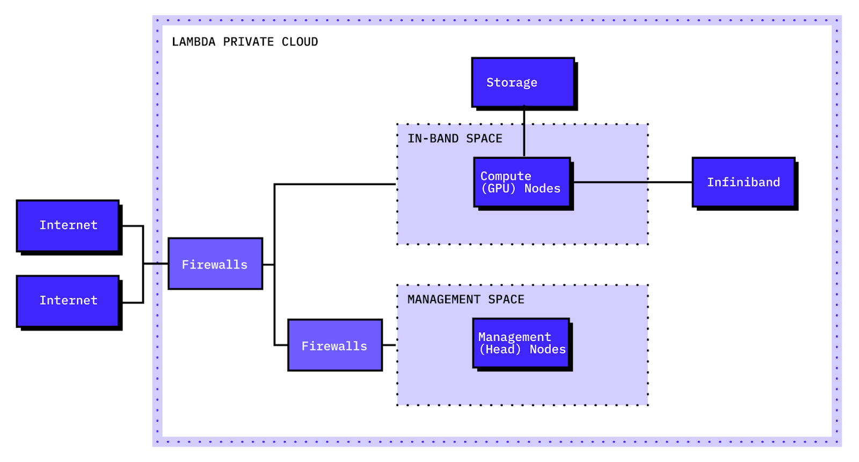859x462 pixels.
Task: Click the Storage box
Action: pyautogui.click(x=523, y=82)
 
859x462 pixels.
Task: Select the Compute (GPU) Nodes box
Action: pyautogui.click(x=522, y=182)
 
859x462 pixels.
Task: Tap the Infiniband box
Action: pyautogui.click(x=744, y=182)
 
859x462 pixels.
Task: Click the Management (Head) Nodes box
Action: pyautogui.click(x=521, y=343)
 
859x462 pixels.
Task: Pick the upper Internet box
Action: pyautogui.click(x=68, y=225)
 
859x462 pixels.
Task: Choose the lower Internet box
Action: pyautogui.click(x=68, y=300)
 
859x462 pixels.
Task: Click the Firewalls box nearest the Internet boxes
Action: pyautogui.click(x=215, y=264)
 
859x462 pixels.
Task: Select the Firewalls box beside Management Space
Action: pyautogui.click(x=334, y=346)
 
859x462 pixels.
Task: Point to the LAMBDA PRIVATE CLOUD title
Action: pyautogui.click(x=244, y=42)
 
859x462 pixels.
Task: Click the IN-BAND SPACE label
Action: pyautogui.click(x=455, y=138)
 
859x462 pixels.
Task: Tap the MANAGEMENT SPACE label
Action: pyautogui.click(x=465, y=299)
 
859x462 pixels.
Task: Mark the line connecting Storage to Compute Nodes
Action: pyautogui.click(x=524, y=132)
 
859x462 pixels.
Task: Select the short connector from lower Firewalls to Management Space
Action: pyautogui.click(x=389, y=345)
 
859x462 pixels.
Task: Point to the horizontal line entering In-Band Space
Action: pyautogui.click(x=336, y=184)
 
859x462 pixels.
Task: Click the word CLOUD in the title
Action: pyautogui.click(x=300, y=42)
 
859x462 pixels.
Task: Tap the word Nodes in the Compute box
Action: pyautogui.click(x=542, y=188)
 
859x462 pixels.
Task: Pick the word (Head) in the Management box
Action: pyautogui.click(x=500, y=349)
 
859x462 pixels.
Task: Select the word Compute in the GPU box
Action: pyautogui.click(x=506, y=176)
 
